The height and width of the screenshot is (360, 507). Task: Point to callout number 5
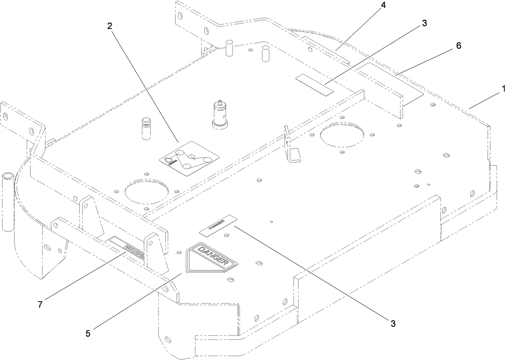click(88, 334)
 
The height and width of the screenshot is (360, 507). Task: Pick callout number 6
click(459, 46)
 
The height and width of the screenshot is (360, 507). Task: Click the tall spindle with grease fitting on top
click(220, 114)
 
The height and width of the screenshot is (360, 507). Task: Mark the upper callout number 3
click(424, 23)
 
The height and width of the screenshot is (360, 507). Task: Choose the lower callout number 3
click(392, 323)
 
